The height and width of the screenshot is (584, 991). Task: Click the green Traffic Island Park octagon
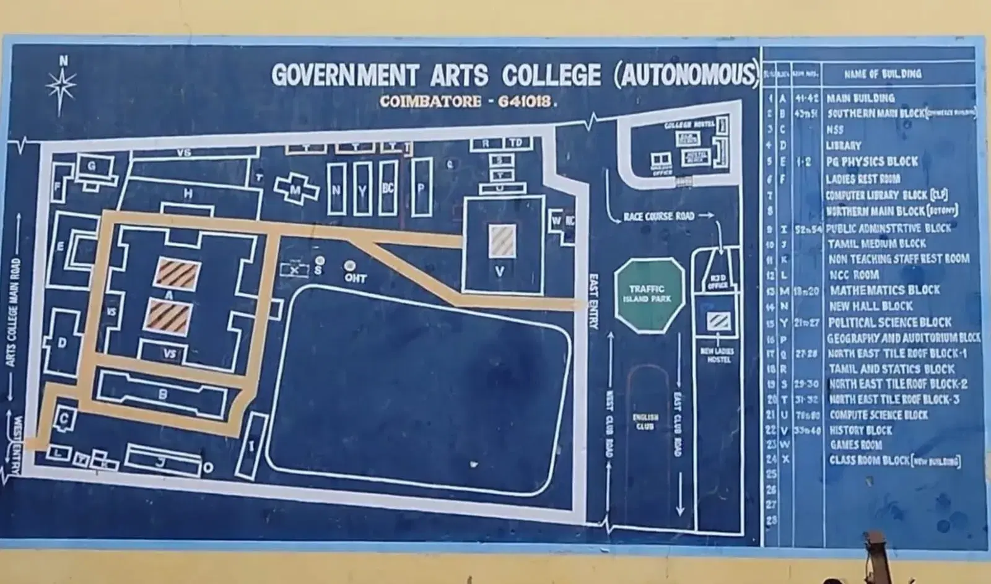(x=649, y=294)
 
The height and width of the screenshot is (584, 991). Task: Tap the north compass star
(x=62, y=84)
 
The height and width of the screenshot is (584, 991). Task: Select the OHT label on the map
(x=355, y=278)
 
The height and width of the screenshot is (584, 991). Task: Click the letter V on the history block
(x=499, y=271)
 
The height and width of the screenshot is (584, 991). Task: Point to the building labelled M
(x=297, y=190)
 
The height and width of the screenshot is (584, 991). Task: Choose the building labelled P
(x=421, y=186)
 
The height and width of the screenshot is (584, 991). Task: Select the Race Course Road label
(x=658, y=216)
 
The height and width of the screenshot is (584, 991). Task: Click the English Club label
(x=645, y=422)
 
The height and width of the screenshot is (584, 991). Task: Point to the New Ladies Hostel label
(x=717, y=355)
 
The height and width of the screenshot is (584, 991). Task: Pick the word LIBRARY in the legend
(x=843, y=146)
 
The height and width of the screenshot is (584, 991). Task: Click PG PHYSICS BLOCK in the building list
(x=871, y=162)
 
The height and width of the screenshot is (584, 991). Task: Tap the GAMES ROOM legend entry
(x=856, y=445)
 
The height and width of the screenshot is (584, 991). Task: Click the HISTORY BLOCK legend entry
(x=861, y=430)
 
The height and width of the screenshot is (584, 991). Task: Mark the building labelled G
(x=92, y=167)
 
